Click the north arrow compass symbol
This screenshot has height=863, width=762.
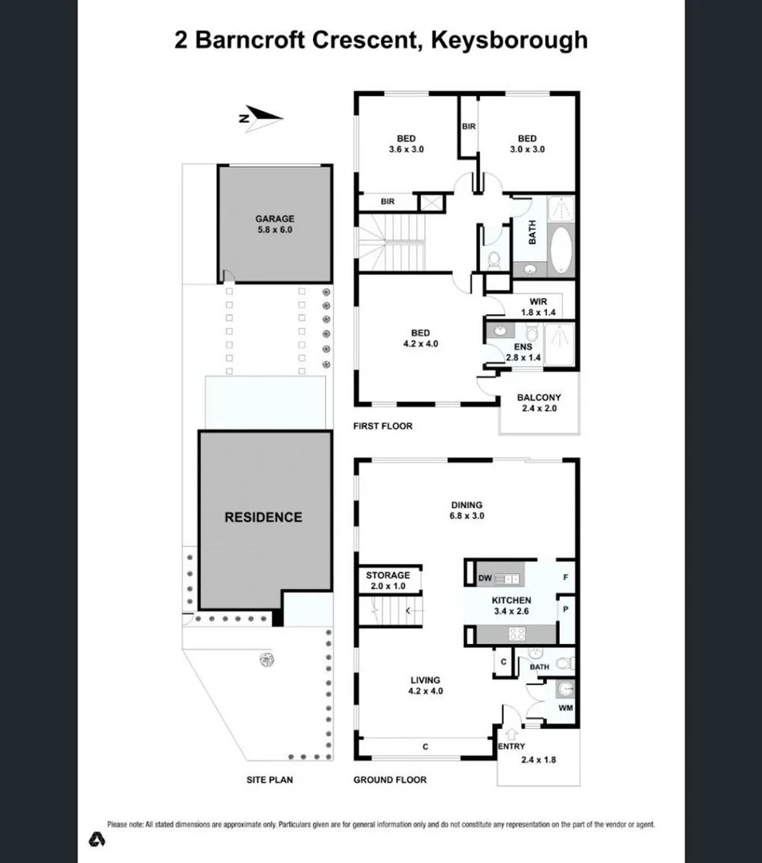[x=261, y=117]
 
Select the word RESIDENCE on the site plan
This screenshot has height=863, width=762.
[x=263, y=517]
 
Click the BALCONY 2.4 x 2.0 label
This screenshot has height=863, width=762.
[x=538, y=403]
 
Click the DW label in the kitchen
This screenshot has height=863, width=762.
[x=482, y=578]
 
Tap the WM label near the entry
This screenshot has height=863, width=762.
[x=566, y=708]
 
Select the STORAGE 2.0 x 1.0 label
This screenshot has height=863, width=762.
[x=387, y=580]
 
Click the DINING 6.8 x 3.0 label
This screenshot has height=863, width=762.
[x=466, y=510]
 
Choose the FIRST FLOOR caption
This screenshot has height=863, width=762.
[x=383, y=426]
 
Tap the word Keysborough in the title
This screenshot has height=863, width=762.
[x=509, y=40]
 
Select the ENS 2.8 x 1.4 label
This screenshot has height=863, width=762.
[x=523, y=352]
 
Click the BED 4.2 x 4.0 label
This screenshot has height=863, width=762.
[x=421, y=338]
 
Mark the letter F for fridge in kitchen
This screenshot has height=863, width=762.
[x=566, y=576]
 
